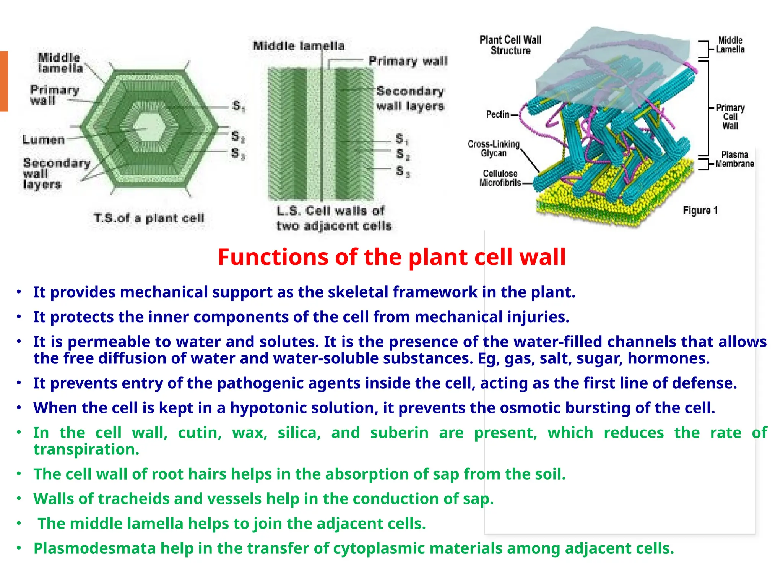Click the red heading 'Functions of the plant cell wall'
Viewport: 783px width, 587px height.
point(391,257)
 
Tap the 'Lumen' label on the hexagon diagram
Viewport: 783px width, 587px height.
point(44,139)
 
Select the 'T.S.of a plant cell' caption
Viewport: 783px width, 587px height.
point(149,218)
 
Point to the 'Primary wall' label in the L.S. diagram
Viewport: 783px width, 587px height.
point(408,61)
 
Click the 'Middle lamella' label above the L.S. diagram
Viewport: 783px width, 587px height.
point(299,46)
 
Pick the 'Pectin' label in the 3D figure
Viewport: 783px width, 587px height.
point(497,114)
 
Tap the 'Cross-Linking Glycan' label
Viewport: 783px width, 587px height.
point(494,149)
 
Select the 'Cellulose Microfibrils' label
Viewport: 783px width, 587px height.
point(500,178)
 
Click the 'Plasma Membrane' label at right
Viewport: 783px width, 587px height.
point(734,159)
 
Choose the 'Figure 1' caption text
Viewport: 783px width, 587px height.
point(700,211)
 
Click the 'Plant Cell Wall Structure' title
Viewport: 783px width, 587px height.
point(510,45)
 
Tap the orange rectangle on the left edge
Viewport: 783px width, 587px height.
point(4,81)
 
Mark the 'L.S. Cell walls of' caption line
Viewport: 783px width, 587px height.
point(330,211)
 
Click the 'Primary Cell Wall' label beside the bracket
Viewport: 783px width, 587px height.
point(730,117)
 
